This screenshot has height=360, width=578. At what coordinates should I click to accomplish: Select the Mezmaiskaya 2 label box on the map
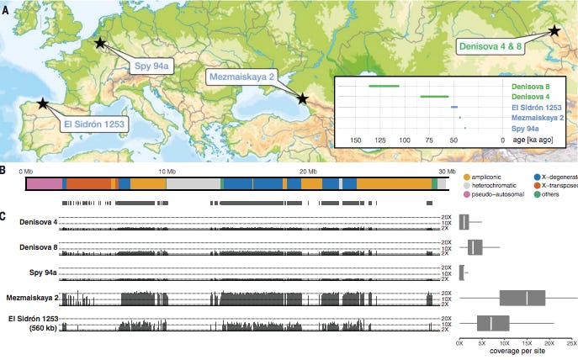click(x=243, y=77)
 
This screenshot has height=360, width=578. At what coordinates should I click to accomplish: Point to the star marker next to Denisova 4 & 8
click(x=554, y=29)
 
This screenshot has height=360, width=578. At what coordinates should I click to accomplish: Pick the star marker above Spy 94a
click(x=101, y=42)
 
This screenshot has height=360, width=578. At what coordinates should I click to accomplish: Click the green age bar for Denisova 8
click(x=384, y=86)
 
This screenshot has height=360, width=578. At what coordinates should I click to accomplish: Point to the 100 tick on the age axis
click(x=405, y=140)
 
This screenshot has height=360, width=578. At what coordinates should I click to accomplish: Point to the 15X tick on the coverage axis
click(x=527, y=343)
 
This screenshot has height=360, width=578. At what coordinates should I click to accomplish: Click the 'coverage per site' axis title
click(x=515, y=353)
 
